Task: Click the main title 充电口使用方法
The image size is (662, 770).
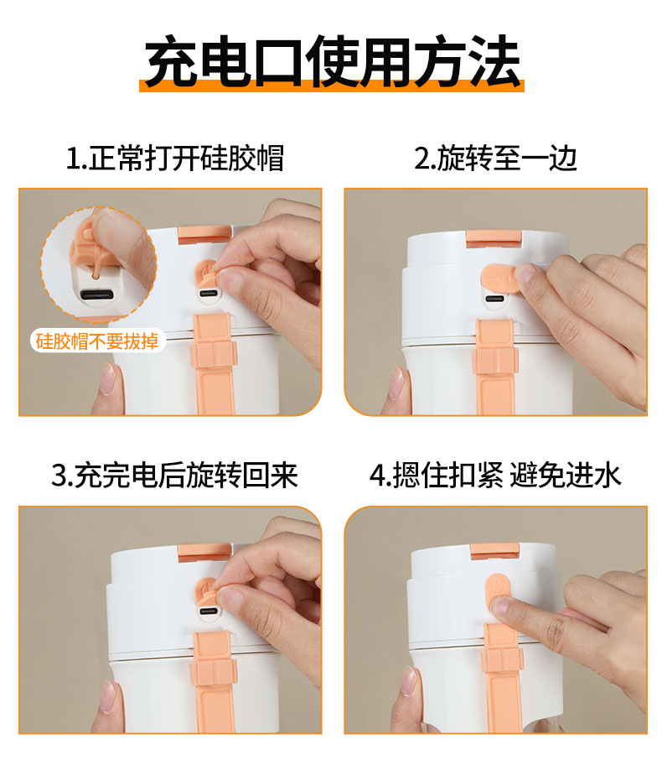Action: tap(332, 61)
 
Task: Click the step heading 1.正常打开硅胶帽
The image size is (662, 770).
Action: tap(174, 159)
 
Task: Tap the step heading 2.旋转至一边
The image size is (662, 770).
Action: tap(495, 159)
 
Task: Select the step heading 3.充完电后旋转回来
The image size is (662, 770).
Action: tap(174, 475)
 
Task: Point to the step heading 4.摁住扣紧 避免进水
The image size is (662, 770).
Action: tap(495, 475)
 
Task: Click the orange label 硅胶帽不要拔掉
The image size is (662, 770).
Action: tap(97, 341)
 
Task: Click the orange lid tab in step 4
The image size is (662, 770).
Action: tap(494, 551)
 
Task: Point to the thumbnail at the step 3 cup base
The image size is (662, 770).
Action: tap(107, 696)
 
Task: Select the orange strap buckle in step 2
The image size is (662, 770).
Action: tap(494, 361)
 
